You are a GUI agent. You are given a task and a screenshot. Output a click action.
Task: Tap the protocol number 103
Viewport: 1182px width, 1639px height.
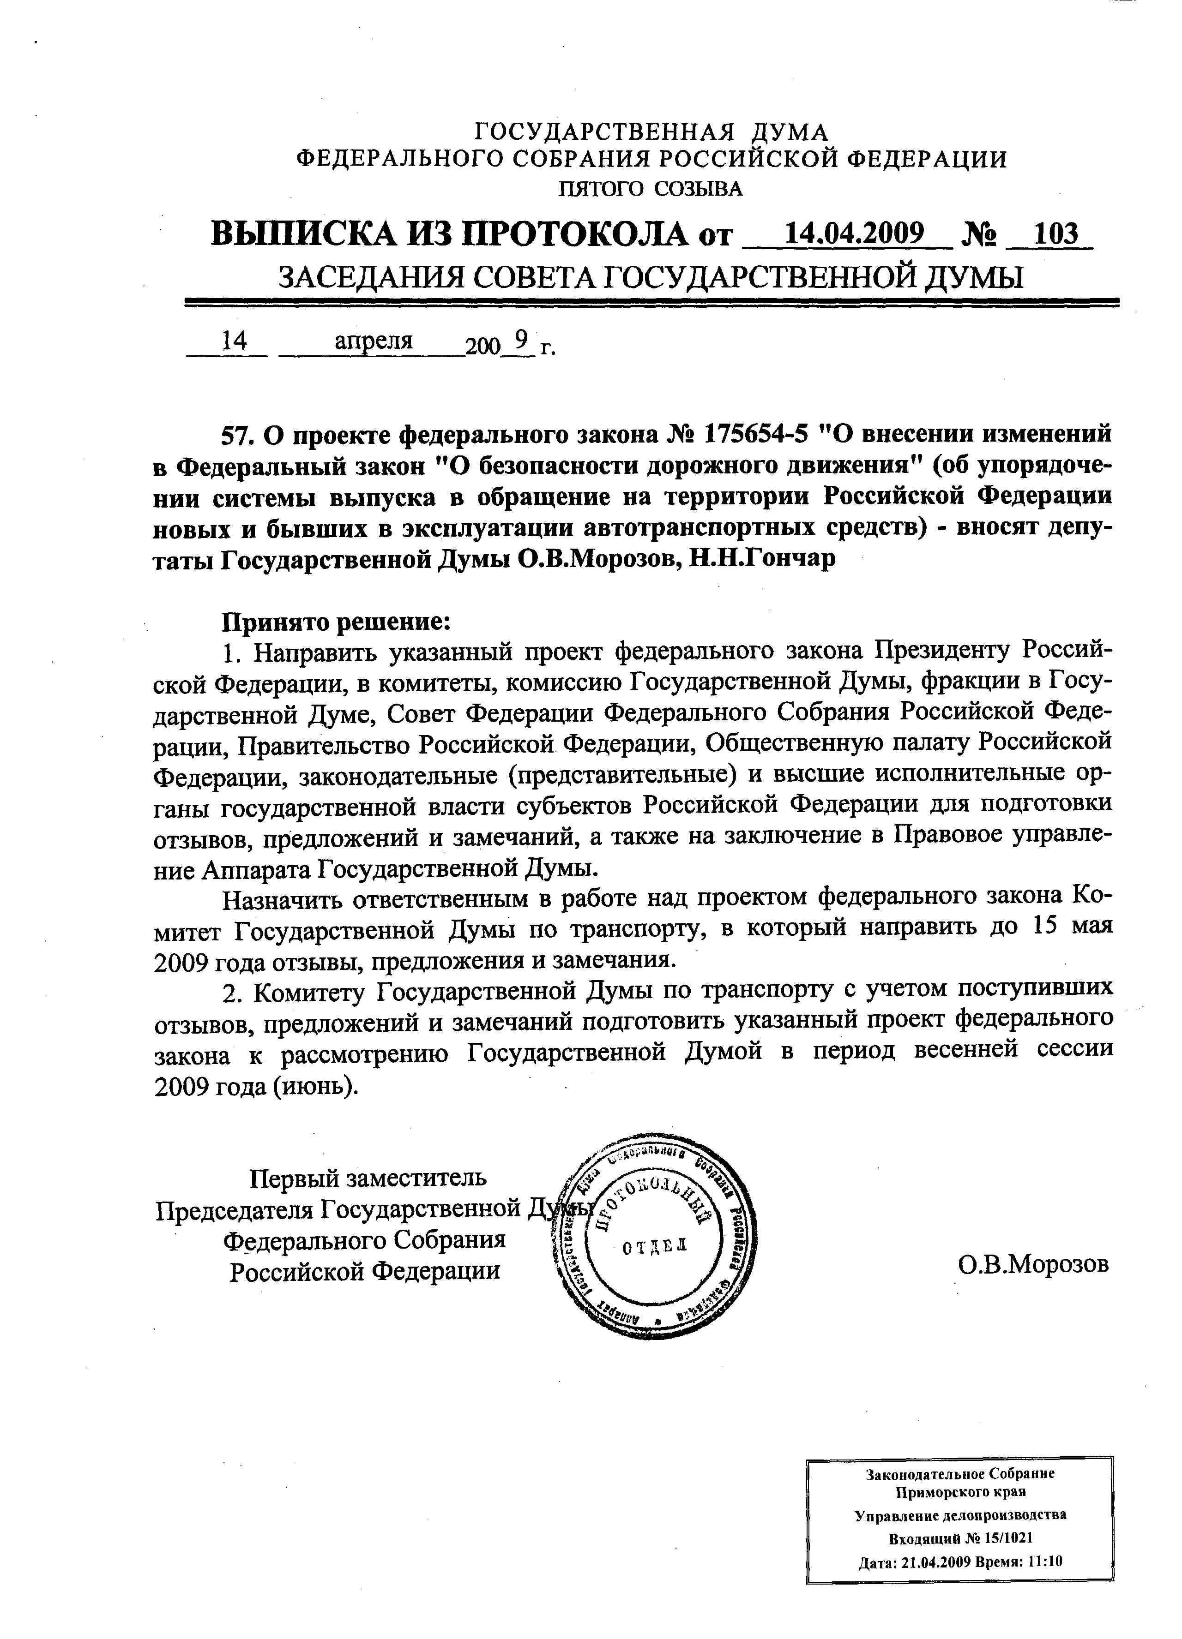(1055, 233)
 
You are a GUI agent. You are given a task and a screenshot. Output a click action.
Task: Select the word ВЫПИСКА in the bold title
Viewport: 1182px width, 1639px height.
(304, 233)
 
